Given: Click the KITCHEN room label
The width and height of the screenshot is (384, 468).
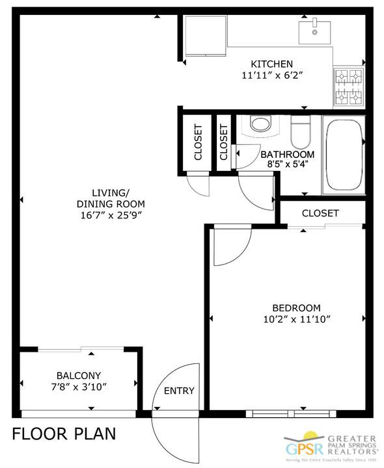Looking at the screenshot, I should click(x=272, y=64).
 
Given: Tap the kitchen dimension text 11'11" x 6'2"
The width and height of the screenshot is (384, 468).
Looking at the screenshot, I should click(x=272, y=75).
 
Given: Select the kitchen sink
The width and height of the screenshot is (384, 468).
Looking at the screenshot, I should click(x=314, y=29).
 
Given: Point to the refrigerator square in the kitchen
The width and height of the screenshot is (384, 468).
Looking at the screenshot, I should click(x=204, y=36).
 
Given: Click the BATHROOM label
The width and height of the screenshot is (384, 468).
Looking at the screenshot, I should click(x=287, y=155).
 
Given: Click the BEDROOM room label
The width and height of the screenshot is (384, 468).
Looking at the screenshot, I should click(x=296, y=307).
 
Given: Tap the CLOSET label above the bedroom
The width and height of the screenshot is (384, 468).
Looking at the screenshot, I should click(x=320, y=213).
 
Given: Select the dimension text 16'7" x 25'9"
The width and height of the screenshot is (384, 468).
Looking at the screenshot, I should click(x=110, y=215).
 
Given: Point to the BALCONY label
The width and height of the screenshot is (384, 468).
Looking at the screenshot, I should click(x=78, y=375).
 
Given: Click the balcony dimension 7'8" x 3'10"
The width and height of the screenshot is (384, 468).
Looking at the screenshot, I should click(x=78, y=387).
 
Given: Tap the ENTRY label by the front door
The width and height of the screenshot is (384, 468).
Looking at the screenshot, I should click(x=178, y=391).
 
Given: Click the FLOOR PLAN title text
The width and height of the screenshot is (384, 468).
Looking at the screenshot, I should click(x=64, y=434).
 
